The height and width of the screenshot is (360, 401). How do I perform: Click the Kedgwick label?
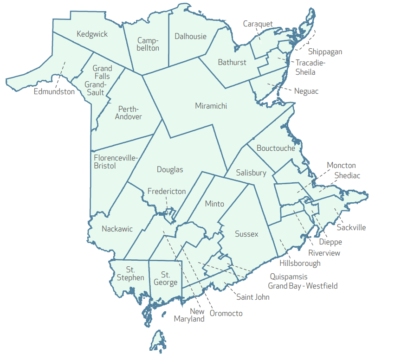92,34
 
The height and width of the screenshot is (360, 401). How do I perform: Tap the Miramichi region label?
211,106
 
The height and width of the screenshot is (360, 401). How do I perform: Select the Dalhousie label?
191,36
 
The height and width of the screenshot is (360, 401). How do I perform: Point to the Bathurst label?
232,62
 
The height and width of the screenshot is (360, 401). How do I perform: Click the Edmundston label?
54,91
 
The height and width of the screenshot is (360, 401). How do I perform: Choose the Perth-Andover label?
129,113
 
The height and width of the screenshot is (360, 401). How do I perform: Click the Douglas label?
170,170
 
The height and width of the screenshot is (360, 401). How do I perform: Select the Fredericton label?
167,191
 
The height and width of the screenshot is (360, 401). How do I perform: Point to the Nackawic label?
117,229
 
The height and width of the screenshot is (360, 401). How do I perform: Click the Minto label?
214,204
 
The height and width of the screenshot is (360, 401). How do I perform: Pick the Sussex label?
246,234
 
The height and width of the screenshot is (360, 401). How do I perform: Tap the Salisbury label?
251,173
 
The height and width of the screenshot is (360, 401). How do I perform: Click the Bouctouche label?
276,148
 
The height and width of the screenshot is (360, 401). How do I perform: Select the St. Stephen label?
130,273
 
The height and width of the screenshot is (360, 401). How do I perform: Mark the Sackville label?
351,227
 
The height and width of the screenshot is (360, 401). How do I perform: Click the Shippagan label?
325,51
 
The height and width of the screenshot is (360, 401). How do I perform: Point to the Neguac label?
306,91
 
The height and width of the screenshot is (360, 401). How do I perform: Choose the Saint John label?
253,297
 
